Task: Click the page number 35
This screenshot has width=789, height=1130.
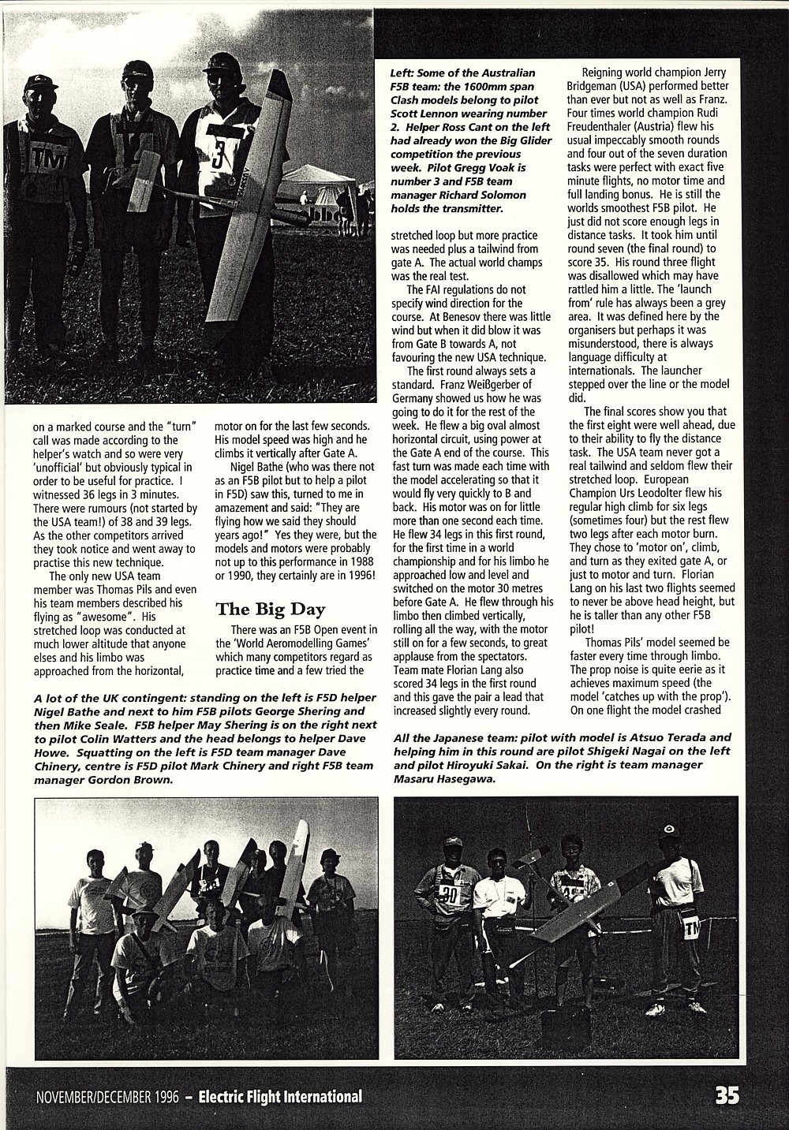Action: [x=726, y=1095]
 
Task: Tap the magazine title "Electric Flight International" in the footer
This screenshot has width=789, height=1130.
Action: [x=280, y=1096]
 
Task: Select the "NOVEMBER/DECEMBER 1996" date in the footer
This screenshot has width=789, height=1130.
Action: [x=107, y=1097]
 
